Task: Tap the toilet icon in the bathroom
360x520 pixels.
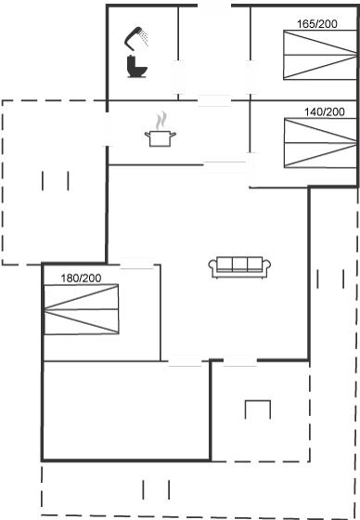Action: click(x=136, y=67)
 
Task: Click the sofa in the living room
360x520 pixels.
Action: click(x=239, y=267)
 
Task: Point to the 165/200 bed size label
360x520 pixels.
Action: click(x=317, y=24)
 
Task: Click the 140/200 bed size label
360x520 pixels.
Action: click(x=325, y=112)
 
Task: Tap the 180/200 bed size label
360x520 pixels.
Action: click(x=81, y=278)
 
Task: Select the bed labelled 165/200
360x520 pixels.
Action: click(x=320, y=55)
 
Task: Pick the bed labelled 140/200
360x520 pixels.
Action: click(x=320, y=143)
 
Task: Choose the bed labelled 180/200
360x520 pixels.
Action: click(x=82, y=309)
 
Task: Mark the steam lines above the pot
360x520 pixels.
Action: click(x=161, y=120)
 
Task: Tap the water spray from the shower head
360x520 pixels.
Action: click(x=145, y=37)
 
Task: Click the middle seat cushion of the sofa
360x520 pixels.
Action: click(x=239, y=265)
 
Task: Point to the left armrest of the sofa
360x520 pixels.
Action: click(x=212, y=268)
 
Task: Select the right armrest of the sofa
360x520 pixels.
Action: click(x=267, y=268)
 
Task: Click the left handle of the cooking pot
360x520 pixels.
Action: click(x=148, y=134)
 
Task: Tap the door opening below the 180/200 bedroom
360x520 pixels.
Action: click(x=185, y=361)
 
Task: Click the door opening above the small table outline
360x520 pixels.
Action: click(x=240, y=361)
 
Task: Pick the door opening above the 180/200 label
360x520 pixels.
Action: click(x=137, y=265)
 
